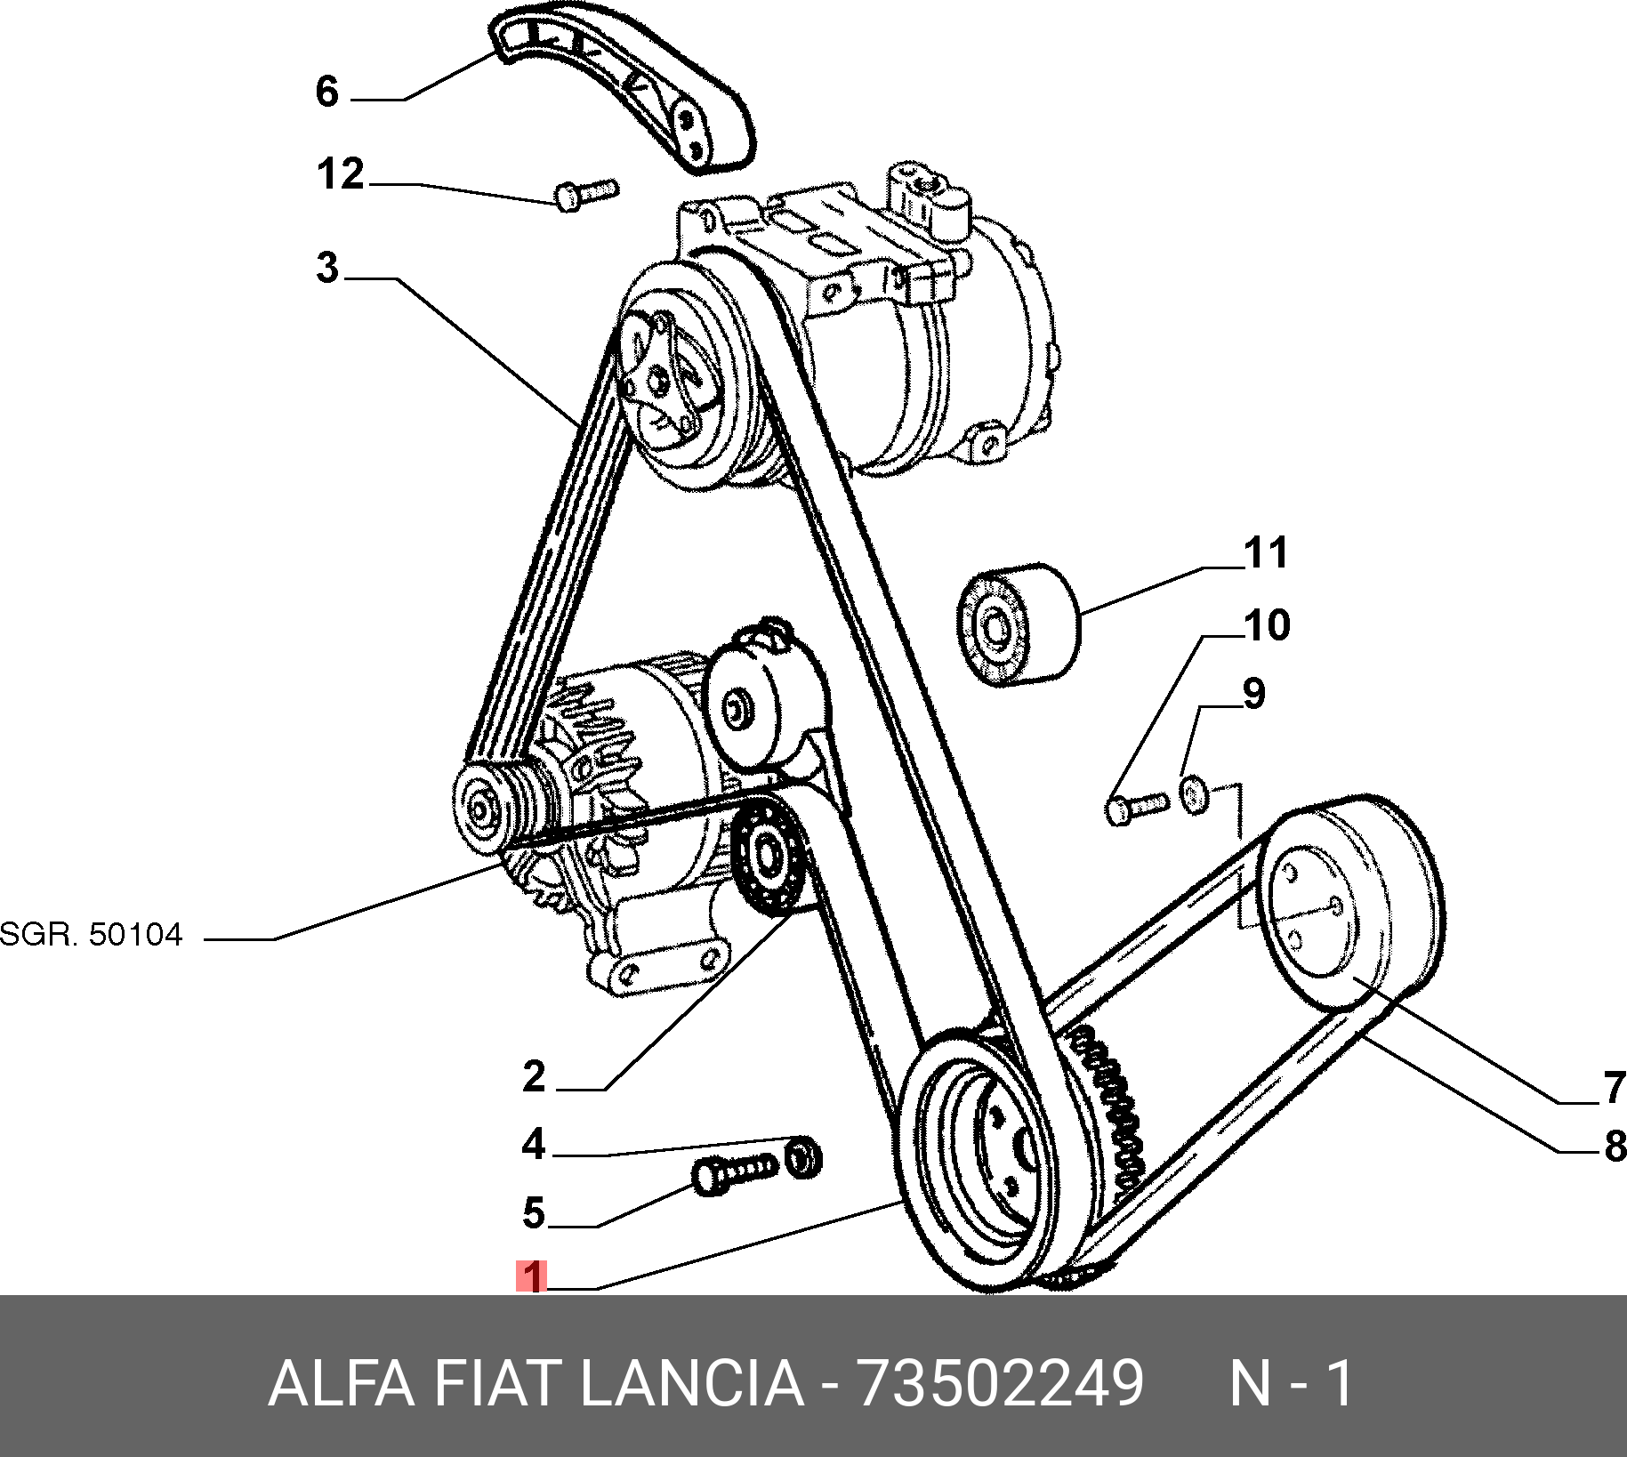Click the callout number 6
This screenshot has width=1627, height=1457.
(x=327, y=92)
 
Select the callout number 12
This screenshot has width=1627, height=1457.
(x=341, y=174)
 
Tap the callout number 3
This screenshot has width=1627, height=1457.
(x=327, y=268)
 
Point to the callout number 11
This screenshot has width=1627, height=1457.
(x=1267, y=553)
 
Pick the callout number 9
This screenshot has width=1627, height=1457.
(x=1253, y=694)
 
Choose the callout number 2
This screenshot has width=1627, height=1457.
(x=534, y=1077)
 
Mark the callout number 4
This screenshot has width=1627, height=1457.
(x=534, y=1144)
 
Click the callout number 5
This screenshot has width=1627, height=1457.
(x=534, y=1213)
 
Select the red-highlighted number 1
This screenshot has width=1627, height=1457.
(x=532, y=1276)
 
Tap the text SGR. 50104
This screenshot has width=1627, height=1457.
(x=91, y=935)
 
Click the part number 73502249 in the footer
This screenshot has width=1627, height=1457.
(x=999, y=1383)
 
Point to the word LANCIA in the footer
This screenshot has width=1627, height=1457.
(x=691, y=1383)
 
